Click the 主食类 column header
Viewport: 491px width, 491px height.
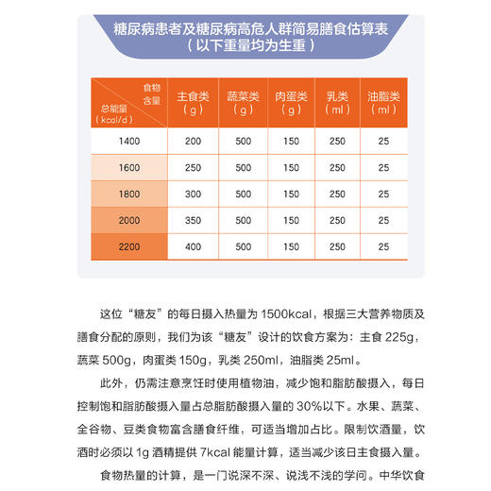point(194,102)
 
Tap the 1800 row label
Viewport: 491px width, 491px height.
point(129,194)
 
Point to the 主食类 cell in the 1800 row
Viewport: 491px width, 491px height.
point(194,194)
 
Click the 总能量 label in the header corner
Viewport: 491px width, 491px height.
point(113,109)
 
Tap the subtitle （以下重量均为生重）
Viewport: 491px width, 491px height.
point(245,44)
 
